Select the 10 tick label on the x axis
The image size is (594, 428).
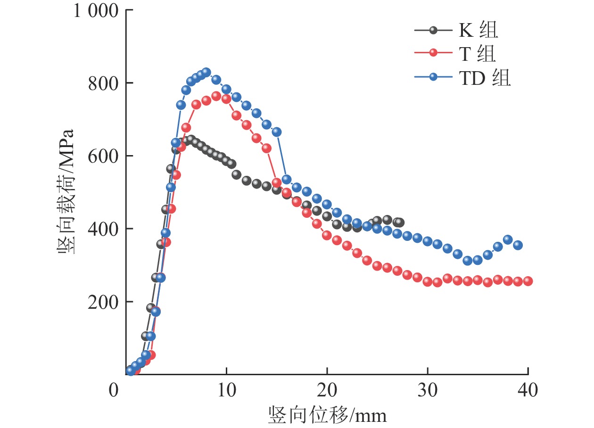[x=226, y=391]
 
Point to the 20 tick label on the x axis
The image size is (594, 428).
[x=327, y=391]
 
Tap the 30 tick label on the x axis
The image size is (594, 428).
[x=427, y=391]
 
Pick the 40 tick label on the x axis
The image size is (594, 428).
[x=528, y=391]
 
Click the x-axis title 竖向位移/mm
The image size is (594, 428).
[x=327, y=415]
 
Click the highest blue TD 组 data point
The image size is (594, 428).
[x=206, y=73]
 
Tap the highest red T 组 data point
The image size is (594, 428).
[x=216, y=96]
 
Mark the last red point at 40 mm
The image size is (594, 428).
[x=528, y=281]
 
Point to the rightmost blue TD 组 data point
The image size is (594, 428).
[x=518, y=245]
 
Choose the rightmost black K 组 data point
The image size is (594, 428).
[x=400, y=222]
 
